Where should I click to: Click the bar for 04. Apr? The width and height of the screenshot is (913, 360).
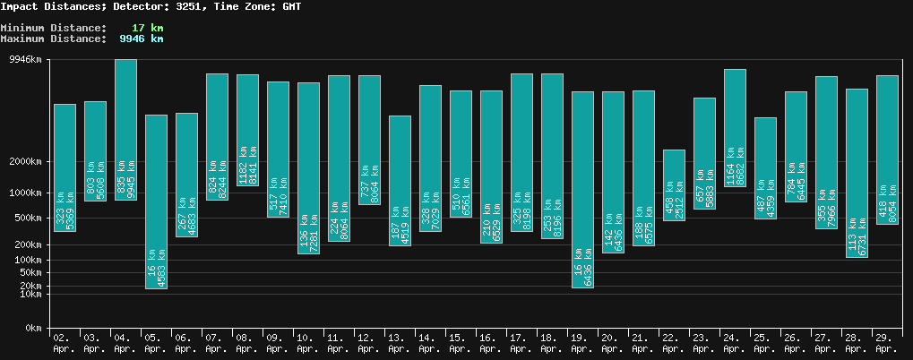coord(125,129)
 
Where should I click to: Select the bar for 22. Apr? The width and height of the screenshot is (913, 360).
coord(674,184)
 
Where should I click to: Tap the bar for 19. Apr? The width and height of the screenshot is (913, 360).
coord(582,189)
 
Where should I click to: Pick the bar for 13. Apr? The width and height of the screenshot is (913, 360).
coord(400,180)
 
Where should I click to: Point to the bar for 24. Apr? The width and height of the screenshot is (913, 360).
coord(735,127)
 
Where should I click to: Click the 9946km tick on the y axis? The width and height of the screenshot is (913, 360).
coord(24,60)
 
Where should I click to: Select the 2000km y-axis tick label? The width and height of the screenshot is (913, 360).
coord(24,162)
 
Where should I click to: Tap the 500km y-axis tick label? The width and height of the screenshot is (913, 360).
coord(27,219)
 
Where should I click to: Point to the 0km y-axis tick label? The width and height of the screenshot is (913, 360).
coord(33,329)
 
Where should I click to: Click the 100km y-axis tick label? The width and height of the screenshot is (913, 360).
coord(27,261)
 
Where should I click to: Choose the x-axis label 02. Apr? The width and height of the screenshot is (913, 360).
coord(63,343)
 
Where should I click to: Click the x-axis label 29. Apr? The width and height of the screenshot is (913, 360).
coord(886,343)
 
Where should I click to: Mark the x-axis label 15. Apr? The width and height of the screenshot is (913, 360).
coord(460,343)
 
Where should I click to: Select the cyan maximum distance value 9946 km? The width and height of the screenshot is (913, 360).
coord(141,39)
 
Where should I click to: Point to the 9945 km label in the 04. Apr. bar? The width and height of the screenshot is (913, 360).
coord(131,178)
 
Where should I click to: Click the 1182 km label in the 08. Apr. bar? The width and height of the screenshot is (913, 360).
coord(242,165)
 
